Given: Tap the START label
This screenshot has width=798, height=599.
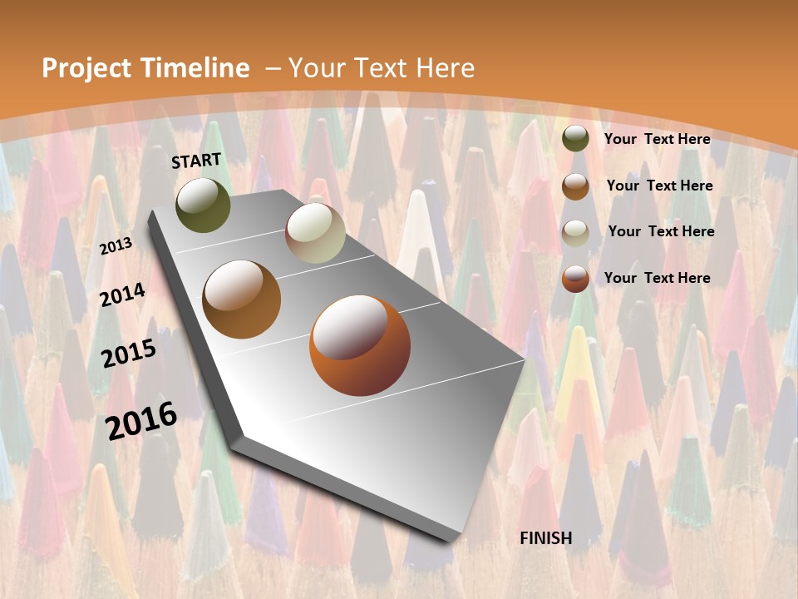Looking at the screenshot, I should pos(196,161).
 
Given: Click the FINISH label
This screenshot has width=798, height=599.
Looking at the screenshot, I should pos(546,538).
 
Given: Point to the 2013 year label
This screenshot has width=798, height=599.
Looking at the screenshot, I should pos(116,245).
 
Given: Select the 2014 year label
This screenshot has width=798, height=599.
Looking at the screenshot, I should pos(123,295).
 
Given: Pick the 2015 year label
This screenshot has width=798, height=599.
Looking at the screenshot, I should pos(129,353).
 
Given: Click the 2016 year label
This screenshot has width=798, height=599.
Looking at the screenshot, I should pos(141,419).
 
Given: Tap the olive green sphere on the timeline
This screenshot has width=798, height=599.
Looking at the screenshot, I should pos(203,205).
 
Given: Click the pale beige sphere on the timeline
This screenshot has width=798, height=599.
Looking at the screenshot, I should pos(315,233).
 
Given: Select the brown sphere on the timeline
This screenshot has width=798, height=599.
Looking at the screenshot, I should pos(242,299).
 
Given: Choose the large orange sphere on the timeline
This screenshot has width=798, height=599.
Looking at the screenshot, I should pos(359,345).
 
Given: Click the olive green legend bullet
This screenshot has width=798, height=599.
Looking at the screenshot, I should pos(575,139).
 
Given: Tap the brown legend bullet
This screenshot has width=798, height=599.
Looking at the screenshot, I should pos(575,186).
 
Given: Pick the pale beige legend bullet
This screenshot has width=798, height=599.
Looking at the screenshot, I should pos(575,233).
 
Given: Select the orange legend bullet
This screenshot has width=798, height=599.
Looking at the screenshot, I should pos(575,279).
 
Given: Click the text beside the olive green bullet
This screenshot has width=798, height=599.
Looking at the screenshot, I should pos(657,139).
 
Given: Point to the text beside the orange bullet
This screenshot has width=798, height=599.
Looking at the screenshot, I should pos(657,278).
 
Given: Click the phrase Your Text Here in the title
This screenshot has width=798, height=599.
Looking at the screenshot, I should pos(382,68).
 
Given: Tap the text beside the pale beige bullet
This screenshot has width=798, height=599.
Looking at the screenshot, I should pos(661,231).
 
